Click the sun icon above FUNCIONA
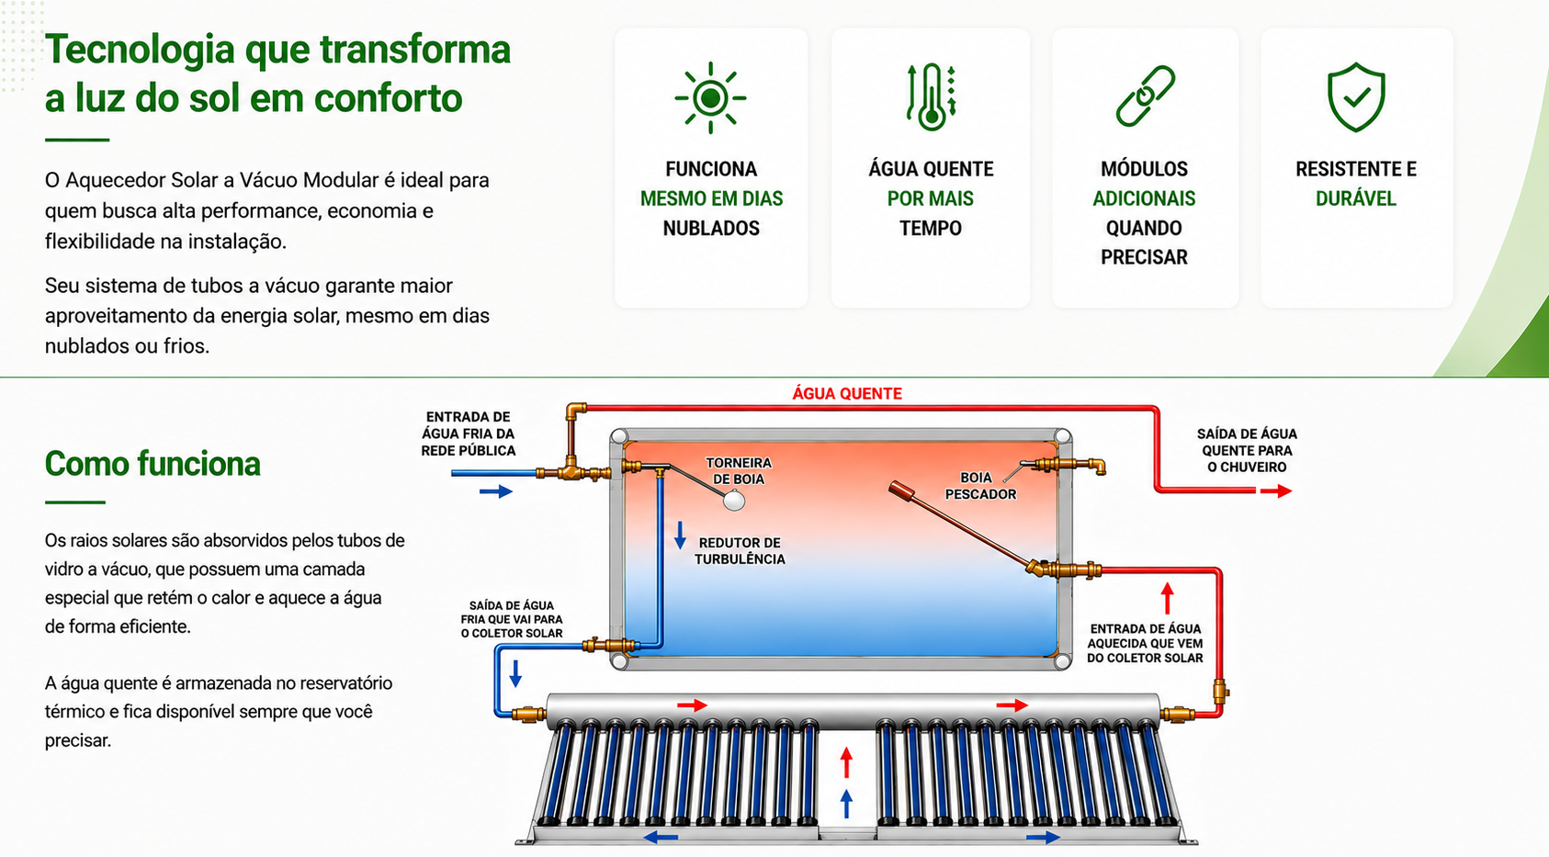[x=710, y=97]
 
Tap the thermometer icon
[x=932, y=97]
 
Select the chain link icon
[x=1145, y=96]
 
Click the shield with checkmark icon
[x=1356, y=96]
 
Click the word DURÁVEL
[x=1355, y=198]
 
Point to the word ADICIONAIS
[x=1144, y=198]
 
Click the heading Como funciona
[x=153, y=463]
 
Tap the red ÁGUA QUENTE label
[x=846, y=393]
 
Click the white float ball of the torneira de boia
[x=734, y=500]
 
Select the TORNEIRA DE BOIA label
[x=738, y=470]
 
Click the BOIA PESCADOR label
[x=980, y=486]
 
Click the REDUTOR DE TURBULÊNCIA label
[x=740, y=551]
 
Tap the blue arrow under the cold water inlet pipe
[x=496, y=491]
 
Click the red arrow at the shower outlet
[x=1276, y=491]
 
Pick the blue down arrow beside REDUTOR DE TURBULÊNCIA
[x=681, y=536]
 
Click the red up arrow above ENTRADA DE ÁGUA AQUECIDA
[x=1168, y=598]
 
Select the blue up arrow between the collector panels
[x=846, y=804]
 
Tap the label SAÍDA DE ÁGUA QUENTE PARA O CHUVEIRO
[x=1247, y=450]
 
